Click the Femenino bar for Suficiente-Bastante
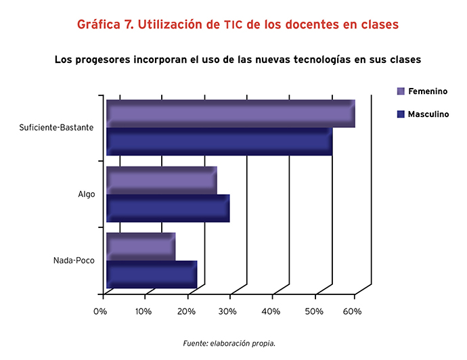[231, 114]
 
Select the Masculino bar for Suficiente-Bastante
[219, 141]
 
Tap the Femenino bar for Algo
[162, 181]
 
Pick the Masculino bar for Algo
[168, 208]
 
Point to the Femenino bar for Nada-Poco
[141, 247]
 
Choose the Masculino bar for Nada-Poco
[152, 275]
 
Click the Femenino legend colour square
[401, 91]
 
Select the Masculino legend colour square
[401, 114]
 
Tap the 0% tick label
[100, 311]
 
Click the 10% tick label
[143, 311]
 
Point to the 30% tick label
[227, 311]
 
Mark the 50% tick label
[314, 311]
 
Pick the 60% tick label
[353, 311]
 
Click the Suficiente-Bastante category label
[56, 127]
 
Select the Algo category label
[87, 194]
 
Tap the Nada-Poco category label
[74, 261]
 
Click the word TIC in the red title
[234, 25]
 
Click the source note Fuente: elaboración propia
[229, 343]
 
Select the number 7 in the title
[129, 24]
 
